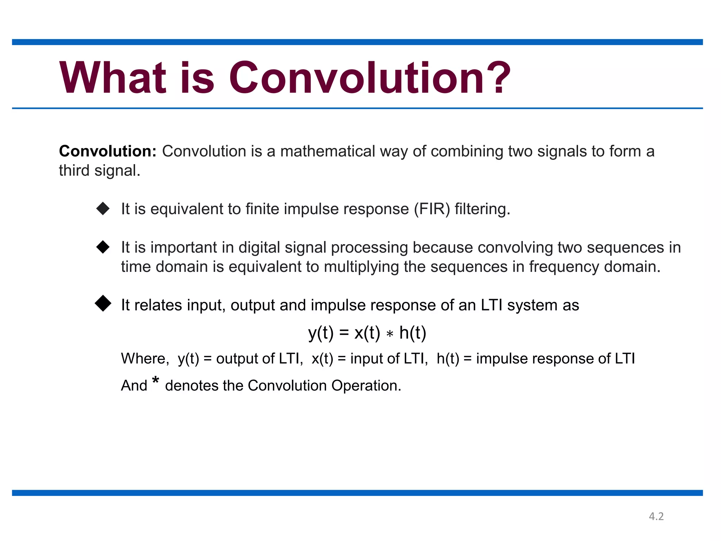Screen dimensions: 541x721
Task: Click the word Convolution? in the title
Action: click(x=370, y=78)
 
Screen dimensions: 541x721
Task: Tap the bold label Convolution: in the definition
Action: click(x=108, y=151)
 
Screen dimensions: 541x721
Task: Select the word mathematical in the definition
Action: click(x=328, y=151)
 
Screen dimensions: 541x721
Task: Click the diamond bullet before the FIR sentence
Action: click(x=103, y=209)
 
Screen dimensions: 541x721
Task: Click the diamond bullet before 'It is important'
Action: click(x=103, y=247)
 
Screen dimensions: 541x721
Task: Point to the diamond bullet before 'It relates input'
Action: click(x=103, y=303)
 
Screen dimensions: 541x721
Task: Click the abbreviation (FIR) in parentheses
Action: click(x=432, y=209)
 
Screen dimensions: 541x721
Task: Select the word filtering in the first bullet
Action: click(x=482, y=209)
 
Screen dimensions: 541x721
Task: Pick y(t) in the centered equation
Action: click(x=321, y=333)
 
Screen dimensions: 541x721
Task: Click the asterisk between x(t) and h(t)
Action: click(x=390, y=334)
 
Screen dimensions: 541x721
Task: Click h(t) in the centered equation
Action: click(x=413, y=333)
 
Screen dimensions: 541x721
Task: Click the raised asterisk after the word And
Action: click(x=156, y=381)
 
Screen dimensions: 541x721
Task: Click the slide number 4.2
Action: click(x=656, y=516)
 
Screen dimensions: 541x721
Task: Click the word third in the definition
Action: click(x=74, y=171)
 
